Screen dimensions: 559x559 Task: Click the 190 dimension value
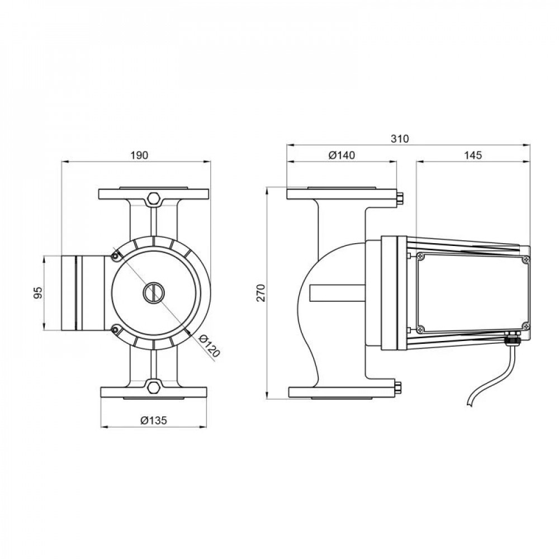click(139, 155)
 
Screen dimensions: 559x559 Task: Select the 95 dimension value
click(38, 292)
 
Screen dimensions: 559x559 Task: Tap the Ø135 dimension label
click(154, 421)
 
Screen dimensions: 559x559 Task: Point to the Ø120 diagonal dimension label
click(209, 346)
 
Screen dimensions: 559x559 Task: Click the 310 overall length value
click(400, 139)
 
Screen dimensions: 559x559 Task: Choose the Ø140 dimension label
click(342, 155)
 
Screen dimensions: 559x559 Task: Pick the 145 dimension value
click(473, 155)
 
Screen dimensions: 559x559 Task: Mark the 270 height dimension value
click(261, 293)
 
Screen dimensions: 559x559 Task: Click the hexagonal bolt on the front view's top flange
click(153, 198)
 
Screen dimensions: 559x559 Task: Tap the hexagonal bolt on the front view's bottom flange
click(154, 387)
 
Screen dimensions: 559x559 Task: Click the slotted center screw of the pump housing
click(154, 292)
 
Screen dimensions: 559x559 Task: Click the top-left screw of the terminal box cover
click(421, 255)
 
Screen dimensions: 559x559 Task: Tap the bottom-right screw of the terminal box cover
click(525, 325)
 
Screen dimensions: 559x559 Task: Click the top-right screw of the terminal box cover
click(525, 260)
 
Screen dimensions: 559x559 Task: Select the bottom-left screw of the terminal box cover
click(421, 329)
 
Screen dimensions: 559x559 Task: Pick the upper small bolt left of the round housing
click(115, 256)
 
